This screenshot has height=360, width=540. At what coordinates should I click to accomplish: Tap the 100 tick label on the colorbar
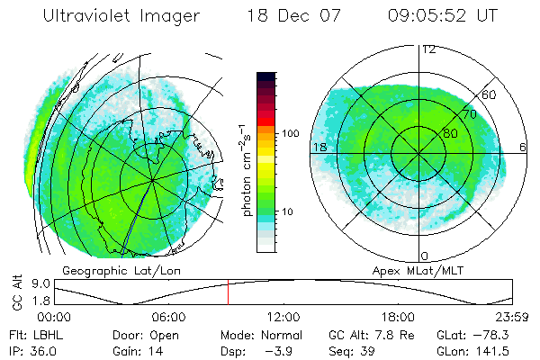291,133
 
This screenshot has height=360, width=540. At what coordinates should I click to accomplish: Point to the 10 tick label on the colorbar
289,211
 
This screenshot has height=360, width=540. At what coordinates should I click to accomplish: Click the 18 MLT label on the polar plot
319,146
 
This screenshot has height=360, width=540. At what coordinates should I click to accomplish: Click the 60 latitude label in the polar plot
490,94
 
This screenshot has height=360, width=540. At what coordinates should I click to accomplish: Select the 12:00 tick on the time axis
283,317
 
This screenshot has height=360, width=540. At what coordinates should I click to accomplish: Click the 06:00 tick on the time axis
168,317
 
